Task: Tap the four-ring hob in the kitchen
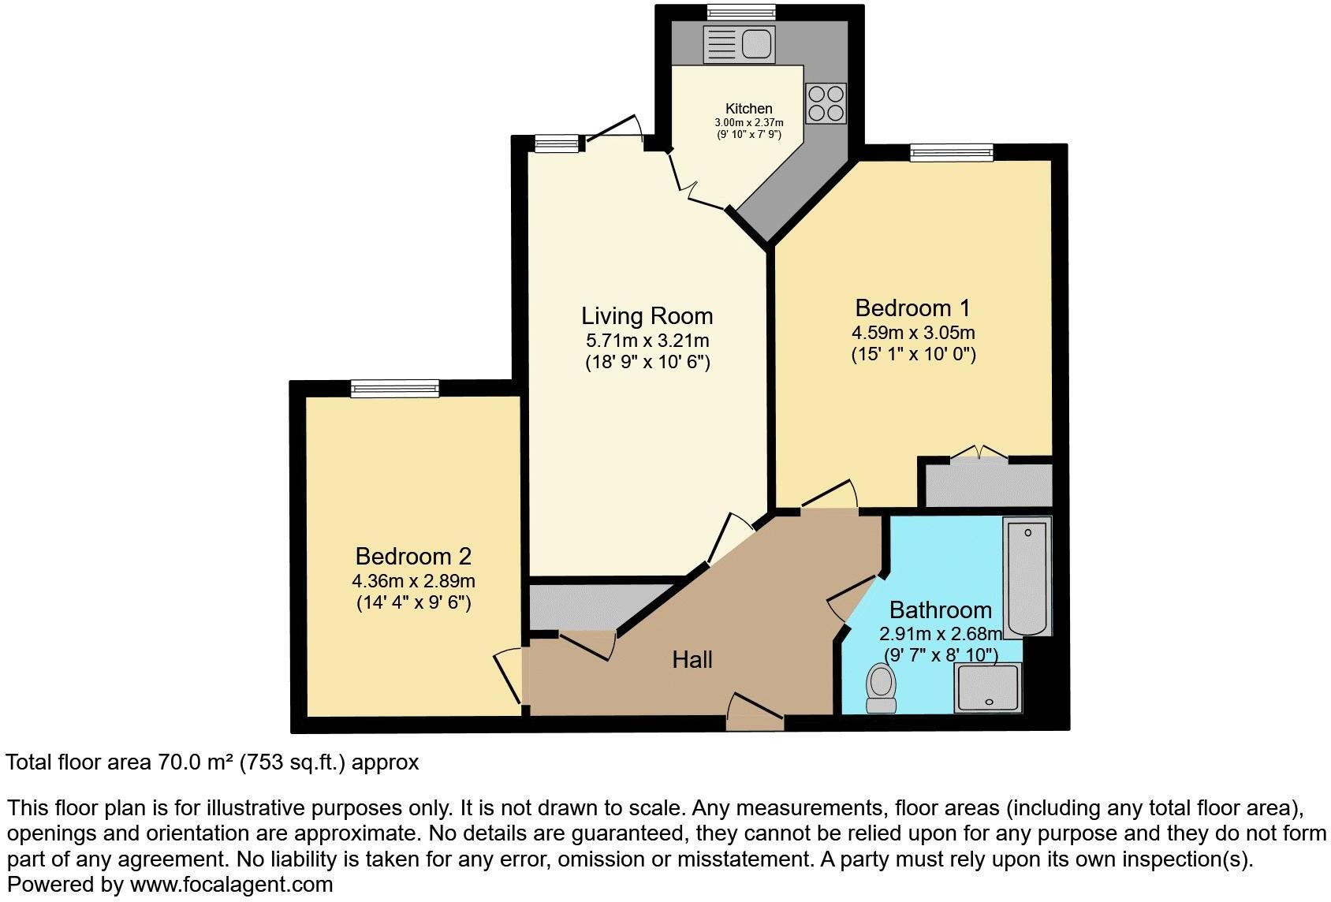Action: (x=826, y=103)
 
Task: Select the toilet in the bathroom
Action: (x=880, y=687)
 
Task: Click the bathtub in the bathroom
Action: (x=1027, y=576)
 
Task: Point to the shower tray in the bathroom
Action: (x=987, y=688)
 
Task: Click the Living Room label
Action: (x=647, y=316)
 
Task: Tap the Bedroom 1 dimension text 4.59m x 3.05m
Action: (x=913, y=333)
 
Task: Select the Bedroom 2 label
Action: (x=413, y=557)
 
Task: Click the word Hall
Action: (x=692, y=659)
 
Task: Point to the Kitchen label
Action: (x=748, y=109)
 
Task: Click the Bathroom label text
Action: (x=940, y=609)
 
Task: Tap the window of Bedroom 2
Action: (x=394, y=388)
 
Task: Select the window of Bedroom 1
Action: (x=951, y=152)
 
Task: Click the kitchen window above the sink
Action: (x=740, y=12)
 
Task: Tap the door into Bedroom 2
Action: (x=509, y=676)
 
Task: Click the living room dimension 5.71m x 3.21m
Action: (x=647, y=341)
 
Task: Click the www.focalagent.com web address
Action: (x=231, y=885)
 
